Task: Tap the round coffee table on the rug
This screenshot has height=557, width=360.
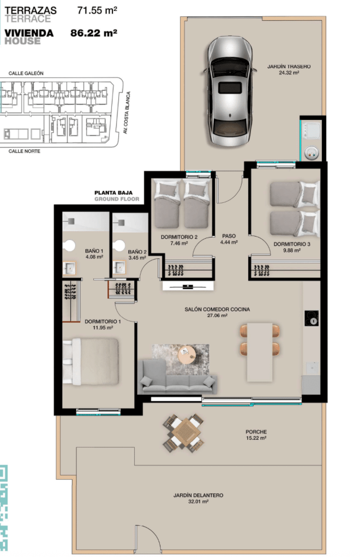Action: pyautogui.click(x=187, y=354)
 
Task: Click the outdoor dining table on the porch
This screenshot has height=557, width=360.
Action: pyautogui.click(x=184, y=433)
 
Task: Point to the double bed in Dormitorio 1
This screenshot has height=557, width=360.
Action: pyautogui.click(x=91, y=361)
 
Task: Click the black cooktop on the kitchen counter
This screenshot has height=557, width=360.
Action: pyautogui.click(x=311, y=318)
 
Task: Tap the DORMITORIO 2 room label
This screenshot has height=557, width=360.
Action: pyautogui.click(x=179, y=237)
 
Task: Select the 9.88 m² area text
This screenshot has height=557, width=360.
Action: pyautogui.click(x=292, y=251)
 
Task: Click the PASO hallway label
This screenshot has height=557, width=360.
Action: pyautogui.click(x=229, y=236)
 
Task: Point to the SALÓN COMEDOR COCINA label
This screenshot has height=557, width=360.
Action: pyautogui.click(x=217, y=310)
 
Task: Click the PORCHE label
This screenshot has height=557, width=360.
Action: pyautogui.click(x=256, y=432)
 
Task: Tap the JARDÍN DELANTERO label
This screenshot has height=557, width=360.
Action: pyautogui.click(x=199, y=495)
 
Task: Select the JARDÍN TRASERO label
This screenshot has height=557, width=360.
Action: pyautogui.click(x=289, y=66)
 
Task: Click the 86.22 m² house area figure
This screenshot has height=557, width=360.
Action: pyautogui.click(x=94, y=33)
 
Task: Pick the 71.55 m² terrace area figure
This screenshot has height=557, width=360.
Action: pyautogui.click(x=97, y=10)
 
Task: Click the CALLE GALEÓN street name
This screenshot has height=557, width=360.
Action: pyautogui.click(x=26, y=74)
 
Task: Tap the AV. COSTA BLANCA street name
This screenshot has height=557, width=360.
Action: pyautogui.click(x=126, y=113)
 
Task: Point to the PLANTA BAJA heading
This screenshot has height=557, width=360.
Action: pyautogui.click(x=113, y=193)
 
